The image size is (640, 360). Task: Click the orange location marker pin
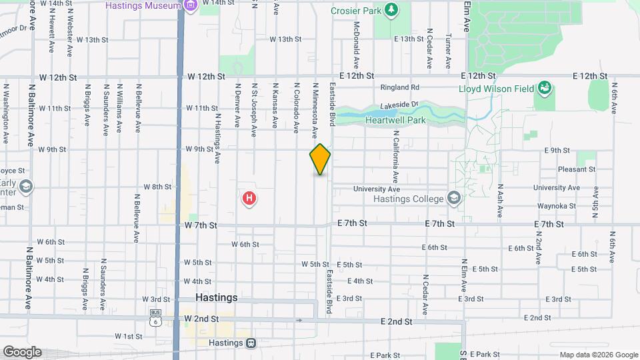(x=320, y=159)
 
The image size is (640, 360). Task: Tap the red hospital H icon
(x=249, y=198)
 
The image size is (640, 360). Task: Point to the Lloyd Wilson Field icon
(x=545, y=88)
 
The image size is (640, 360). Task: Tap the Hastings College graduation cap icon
(x=454, y=198)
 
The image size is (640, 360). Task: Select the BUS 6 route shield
(x=156, y=317)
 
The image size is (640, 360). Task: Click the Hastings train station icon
(x=251, y=343)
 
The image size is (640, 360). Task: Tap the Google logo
(x=22, y=352)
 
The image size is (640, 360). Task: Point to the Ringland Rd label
(x=399, y=87)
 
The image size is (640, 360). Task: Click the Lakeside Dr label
(x=399, y=105)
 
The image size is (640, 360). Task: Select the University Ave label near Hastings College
(x=380, y=189)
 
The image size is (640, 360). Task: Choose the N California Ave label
(x=396, y=156)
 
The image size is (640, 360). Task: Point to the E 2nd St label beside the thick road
(x=396, y=321)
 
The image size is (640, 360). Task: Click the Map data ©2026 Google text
(x=599, y=355)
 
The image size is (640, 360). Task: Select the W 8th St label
(x=157, y=187)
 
